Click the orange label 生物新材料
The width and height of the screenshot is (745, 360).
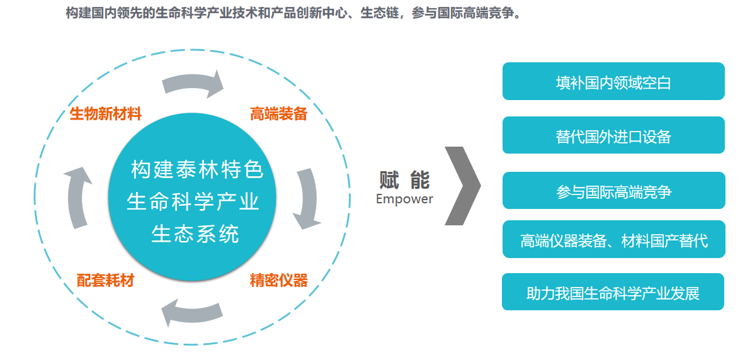click(x=106, y=114)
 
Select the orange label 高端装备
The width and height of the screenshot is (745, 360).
click(x=278, y=114)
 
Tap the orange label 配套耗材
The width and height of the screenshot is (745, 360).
click(x=106, y=280)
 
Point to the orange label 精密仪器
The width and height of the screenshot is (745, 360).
click(x=278, y=280)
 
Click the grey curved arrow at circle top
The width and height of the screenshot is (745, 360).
click(x=193, y=84)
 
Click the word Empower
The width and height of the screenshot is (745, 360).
click(x=404, y=199)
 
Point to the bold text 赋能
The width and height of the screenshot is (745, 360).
click(x=404, y=180)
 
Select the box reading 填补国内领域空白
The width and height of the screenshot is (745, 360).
click(x=613, y=82)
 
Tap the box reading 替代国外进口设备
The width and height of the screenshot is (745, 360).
click(x=613, y=135)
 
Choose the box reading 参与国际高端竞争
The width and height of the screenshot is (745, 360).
click(x=613, y=191)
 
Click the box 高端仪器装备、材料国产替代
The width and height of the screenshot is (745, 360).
click(x=613, y=239)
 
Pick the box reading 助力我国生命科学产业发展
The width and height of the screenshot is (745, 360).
click(x=613, y=292)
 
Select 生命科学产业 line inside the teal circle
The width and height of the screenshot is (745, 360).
click(x=194, y=201)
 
